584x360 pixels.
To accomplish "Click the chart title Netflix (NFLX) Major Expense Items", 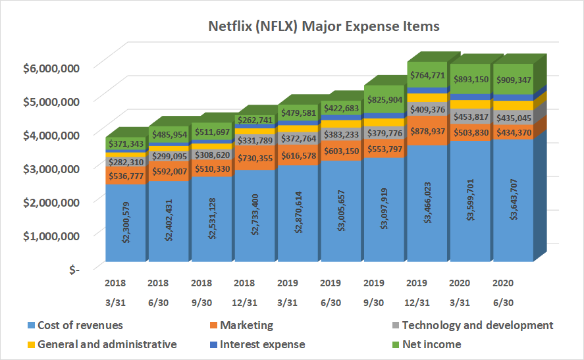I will point(323,27).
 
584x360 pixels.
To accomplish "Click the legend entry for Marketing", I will point(246,325).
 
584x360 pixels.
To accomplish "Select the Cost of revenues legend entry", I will point(80,325).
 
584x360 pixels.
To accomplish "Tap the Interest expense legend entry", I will point(263,344).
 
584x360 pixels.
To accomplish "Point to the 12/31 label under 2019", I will point(419,303).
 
